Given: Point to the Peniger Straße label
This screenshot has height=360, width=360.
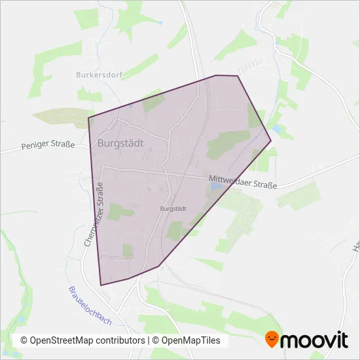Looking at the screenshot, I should [48, 144].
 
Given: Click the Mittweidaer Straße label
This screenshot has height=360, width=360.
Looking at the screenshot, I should [243, 182].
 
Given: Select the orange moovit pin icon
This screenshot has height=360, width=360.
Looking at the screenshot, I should [272, 340].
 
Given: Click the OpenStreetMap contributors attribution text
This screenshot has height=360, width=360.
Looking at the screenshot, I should [83, 340].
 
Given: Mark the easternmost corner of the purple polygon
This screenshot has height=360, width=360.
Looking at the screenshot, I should [271, 140].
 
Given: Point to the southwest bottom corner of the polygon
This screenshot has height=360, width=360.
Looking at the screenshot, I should [101, 285].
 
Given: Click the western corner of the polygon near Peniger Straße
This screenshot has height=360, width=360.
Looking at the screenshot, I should [88, 118].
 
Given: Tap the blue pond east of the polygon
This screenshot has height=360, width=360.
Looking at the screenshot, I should [278, 130].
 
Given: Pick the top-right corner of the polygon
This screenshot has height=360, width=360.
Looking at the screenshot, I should [238, 77].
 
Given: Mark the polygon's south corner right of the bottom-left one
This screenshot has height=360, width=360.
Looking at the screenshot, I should [159, 266].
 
